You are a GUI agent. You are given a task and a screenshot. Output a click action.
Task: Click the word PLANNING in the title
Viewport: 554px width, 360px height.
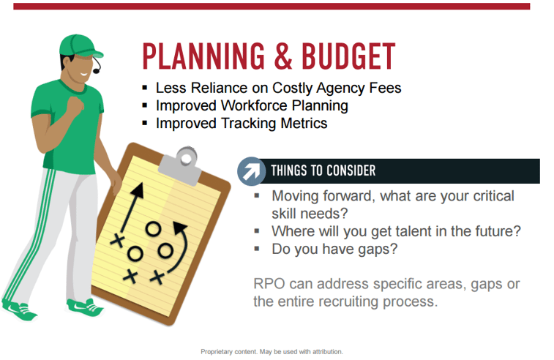pos(203,56)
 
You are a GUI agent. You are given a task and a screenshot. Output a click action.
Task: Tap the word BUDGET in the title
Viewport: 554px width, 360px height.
pos(348,56)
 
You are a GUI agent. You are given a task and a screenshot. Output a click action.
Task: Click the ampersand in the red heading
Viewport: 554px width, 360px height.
pos(283,56)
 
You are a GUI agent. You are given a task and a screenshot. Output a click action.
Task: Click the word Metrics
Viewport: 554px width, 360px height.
pos(304,123)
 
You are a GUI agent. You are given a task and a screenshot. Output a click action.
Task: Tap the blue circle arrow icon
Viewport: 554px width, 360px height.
pos(251,171)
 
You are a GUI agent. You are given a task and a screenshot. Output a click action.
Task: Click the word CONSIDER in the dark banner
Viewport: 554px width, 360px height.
pos(351,170)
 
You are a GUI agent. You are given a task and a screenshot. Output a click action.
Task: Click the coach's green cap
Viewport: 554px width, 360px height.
pos(80,46)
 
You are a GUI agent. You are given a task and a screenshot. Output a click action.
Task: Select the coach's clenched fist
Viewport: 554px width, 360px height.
pos(75,105)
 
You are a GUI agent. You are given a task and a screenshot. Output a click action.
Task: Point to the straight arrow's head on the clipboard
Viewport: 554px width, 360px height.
pos(138,190)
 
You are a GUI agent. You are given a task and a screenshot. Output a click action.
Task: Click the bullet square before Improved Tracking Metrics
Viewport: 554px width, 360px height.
pos(144,123)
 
